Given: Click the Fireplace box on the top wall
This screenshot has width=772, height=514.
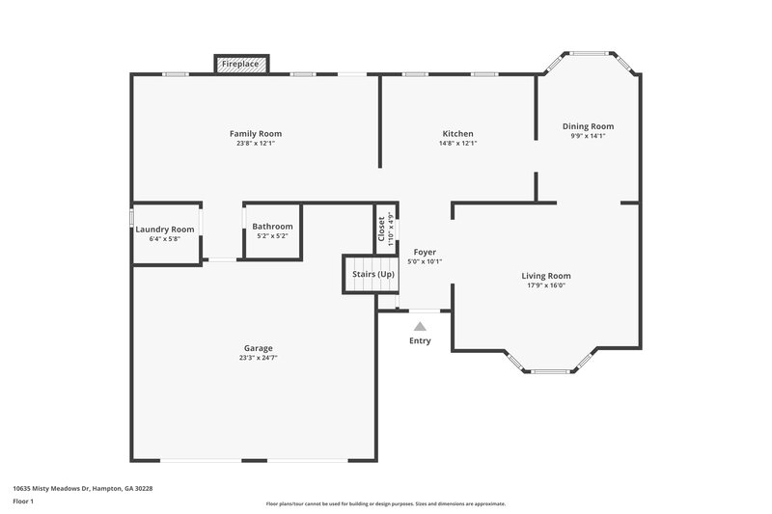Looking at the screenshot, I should pos(240,64).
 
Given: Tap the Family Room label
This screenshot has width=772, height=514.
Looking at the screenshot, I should pos(255,133).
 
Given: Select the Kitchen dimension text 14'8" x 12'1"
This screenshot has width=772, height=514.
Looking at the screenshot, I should pos(457,144).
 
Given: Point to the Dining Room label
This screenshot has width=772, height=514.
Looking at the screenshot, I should pos(588,126).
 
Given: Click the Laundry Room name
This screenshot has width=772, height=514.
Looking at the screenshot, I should pos(165,229).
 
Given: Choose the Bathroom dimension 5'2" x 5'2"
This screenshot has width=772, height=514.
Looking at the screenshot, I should pos(271,236).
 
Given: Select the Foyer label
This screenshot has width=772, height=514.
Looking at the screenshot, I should pos(425,252).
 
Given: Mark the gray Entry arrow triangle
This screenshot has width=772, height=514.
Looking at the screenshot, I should pos(420,327).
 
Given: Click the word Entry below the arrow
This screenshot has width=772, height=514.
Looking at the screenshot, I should pos(420,341).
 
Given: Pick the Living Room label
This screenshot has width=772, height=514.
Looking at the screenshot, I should pos(546,276).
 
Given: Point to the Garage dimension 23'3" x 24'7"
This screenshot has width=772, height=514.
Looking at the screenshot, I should pos(258,358).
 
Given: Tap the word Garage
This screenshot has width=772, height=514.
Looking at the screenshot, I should pos(258,348).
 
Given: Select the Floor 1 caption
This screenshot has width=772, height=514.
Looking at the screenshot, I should pos(23,502).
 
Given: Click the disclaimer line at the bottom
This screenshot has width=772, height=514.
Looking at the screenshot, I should pos(385,503).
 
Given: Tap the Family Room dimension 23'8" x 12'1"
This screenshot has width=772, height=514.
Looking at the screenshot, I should pos(255,144).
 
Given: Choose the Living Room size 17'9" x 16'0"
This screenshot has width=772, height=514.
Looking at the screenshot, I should pos(546,285).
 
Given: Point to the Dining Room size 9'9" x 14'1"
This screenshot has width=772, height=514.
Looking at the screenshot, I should pos(588,136).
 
